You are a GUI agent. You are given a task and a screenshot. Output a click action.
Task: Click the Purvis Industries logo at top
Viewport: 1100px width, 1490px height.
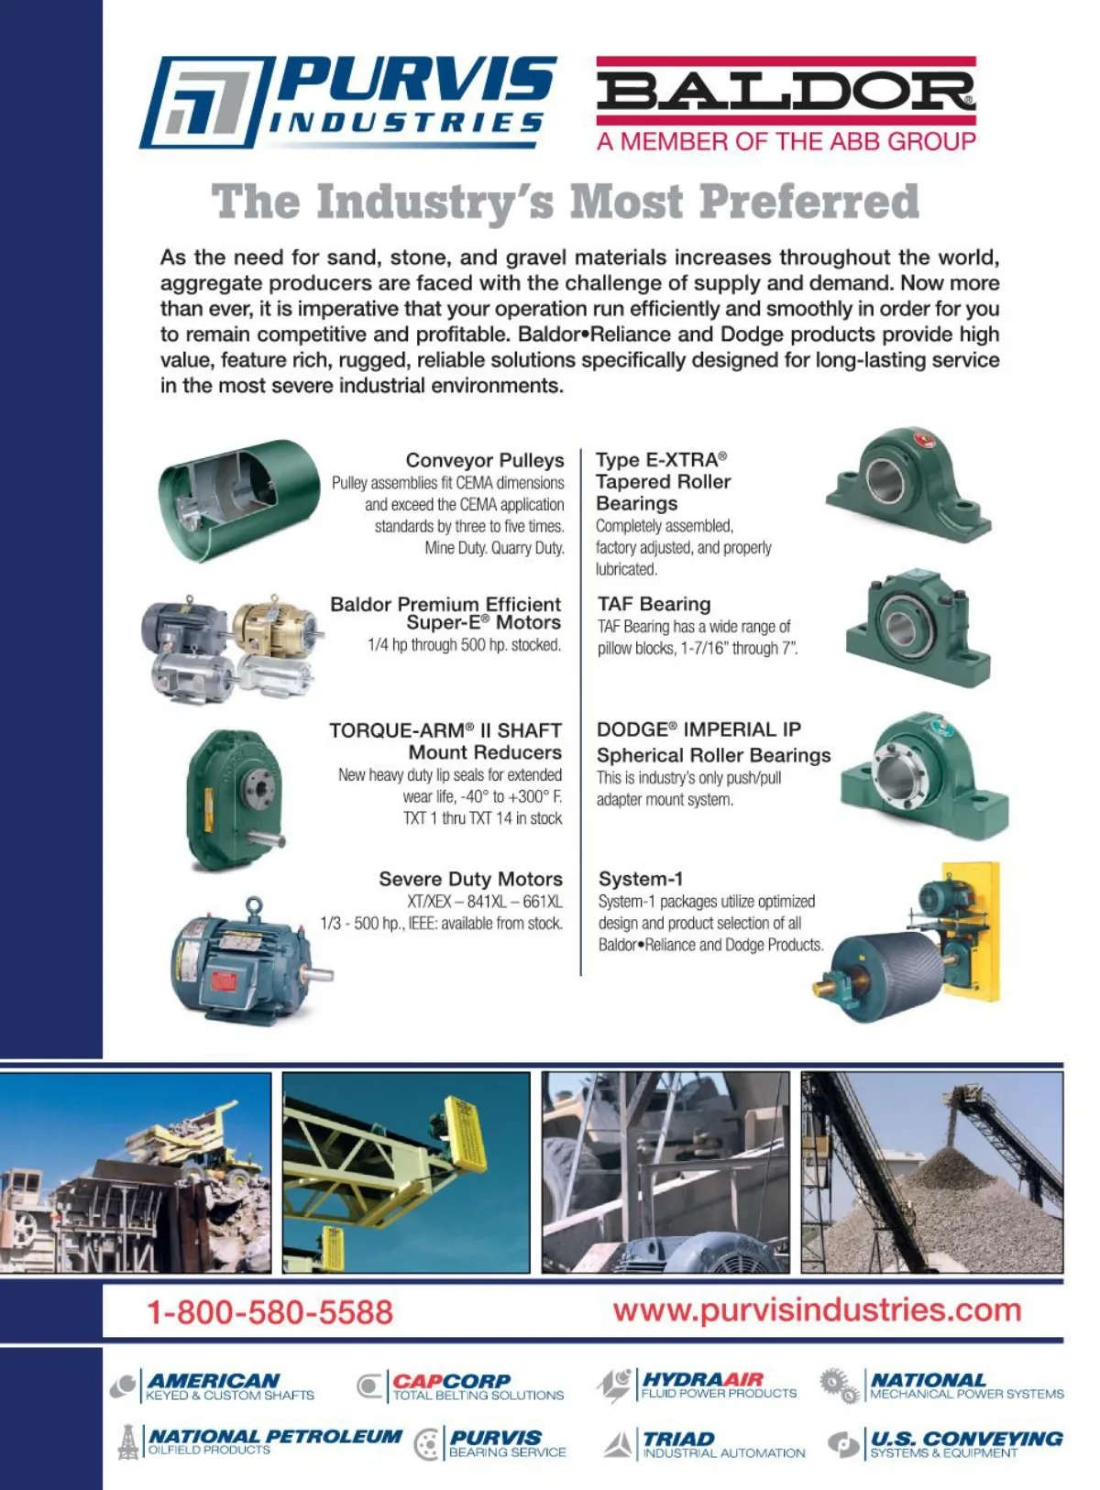pos(348,101)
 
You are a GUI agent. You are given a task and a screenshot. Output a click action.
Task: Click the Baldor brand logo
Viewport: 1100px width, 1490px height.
pos(786,91)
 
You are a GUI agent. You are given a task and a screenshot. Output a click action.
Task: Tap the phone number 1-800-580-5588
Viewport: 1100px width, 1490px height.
pos(270,1312)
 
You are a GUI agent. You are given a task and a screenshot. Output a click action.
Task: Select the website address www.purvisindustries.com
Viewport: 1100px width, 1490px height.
pos(817,1309)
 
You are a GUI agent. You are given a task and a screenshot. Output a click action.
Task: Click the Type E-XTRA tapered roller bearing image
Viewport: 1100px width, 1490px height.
pos(907,486)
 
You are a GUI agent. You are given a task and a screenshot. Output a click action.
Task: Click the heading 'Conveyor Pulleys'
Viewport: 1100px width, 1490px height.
pos(485,460)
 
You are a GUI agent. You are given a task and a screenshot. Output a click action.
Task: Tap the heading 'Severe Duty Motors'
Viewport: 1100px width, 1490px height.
pos(470,879)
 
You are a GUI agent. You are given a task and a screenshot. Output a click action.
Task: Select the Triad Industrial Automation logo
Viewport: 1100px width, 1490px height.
pos(705,1444)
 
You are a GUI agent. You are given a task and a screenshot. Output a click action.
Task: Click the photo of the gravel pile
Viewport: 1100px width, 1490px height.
pos(931,1173)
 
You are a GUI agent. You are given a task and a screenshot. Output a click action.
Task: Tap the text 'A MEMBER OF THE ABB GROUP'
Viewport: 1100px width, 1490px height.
pos(786,141)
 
